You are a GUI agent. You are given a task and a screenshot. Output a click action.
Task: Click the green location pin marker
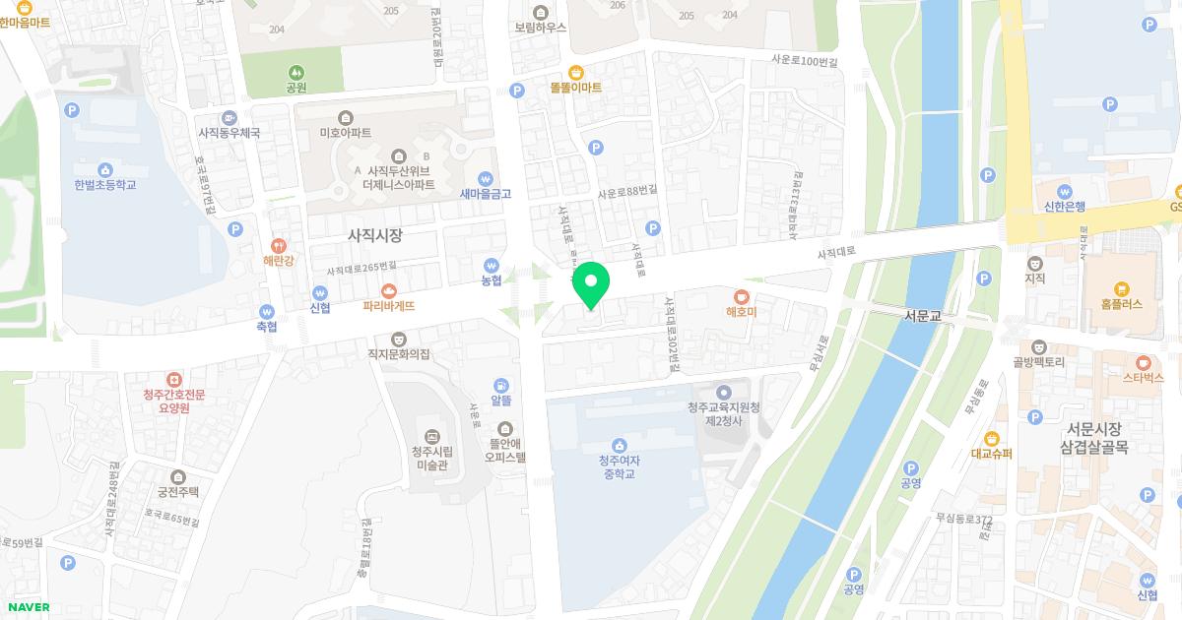pos(591,284)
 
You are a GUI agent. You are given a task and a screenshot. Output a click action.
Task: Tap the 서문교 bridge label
pos(923,316)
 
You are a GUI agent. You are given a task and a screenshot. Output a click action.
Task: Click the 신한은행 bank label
pos(1064,207)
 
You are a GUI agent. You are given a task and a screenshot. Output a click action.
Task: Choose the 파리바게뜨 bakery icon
pos(389,291)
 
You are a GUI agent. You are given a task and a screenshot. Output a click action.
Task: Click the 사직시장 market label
pos(375,236)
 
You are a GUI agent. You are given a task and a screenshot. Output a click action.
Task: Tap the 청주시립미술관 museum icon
pos(430,436)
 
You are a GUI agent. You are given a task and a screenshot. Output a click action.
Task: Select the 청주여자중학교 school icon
pos(620,445)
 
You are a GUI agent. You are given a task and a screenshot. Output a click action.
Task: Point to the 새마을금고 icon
pos(486,178)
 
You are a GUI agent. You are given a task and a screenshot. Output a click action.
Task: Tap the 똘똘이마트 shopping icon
pos(575,72)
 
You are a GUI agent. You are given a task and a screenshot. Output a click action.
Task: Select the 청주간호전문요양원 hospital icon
pos(173,379)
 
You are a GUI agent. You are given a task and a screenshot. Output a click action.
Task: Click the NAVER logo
pos(27,607)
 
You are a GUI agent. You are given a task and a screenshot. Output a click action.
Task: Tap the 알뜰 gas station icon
pos(501,385)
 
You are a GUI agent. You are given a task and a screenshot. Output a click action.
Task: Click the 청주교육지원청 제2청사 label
pos(723,413)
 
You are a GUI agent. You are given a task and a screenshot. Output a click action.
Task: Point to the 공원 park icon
pos(295,72)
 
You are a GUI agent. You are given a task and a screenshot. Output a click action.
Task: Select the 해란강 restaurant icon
pos(279,246)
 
